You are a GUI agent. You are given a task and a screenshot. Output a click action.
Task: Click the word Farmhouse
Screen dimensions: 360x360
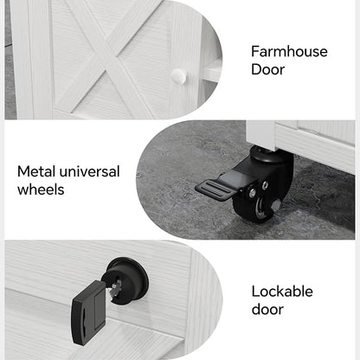(289, 52)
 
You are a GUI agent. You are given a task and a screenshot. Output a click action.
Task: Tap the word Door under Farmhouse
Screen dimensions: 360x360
(267, 69)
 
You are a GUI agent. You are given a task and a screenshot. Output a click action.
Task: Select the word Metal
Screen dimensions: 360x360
(36, 171)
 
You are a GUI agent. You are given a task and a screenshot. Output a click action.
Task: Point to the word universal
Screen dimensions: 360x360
(89, 171)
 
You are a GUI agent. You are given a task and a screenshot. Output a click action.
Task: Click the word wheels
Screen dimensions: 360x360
(41, 190)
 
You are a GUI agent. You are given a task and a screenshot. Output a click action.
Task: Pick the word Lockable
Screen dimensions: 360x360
(282, 292)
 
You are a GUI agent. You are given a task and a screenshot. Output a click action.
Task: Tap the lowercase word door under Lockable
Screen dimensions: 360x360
(267, 309)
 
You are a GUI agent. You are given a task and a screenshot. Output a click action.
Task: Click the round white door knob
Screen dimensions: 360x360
(179, 76)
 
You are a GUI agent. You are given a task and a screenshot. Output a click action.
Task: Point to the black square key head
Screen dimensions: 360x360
(88, 312)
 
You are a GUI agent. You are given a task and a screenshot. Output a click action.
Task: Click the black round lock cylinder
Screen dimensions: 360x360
(127, 279)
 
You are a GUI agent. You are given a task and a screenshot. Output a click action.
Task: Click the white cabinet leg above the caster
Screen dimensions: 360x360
(261, 135)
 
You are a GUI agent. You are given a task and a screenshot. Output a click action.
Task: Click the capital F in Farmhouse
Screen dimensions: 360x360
(255, 52)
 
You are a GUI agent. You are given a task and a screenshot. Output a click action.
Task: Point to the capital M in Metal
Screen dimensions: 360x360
(23, 171)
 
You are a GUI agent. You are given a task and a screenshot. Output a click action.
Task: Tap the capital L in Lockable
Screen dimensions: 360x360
(255, 292)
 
